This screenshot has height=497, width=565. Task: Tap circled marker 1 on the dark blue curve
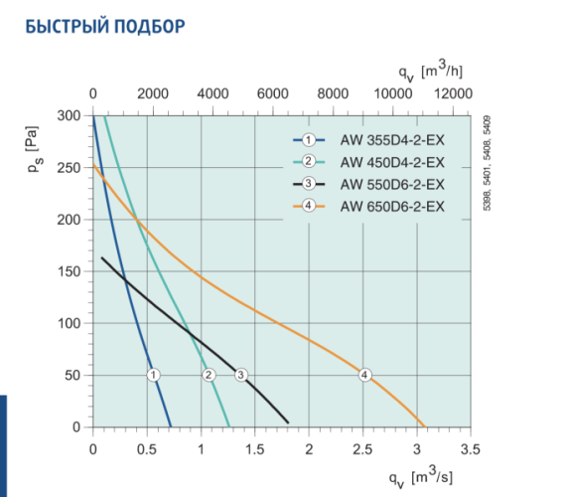[x=153, y=375]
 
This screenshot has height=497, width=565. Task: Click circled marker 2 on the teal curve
[x=209, y=375]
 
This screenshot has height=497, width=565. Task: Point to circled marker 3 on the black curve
[x=240, y=375]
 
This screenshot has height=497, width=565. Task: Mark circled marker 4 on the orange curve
[x=364, y=375]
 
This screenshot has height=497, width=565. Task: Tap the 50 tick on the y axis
[x=71, y=376]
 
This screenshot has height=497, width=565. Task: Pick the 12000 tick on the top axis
[x=454, y=92]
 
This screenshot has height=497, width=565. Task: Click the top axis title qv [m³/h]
[x=431, y=71]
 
